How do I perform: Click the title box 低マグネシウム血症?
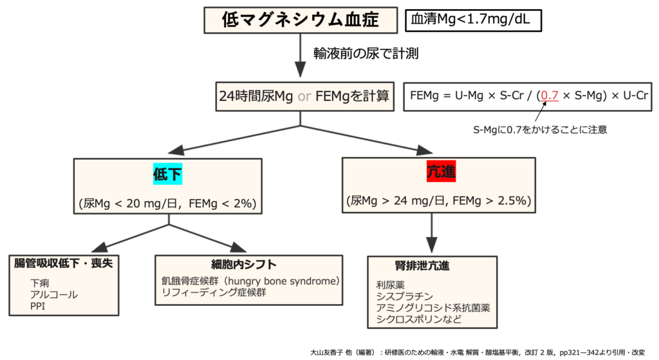(300, 21)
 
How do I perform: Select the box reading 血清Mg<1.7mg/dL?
(474, 21)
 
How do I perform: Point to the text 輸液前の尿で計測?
(366, 54)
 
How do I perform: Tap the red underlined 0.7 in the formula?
(550, 96)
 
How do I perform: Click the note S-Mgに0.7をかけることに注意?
(539, 129)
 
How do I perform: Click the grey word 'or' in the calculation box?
(305, 97)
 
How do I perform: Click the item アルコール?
(53, 294)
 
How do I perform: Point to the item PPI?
(38, 306)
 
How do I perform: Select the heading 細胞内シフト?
(244, 264)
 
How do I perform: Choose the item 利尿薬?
(390, 284)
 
